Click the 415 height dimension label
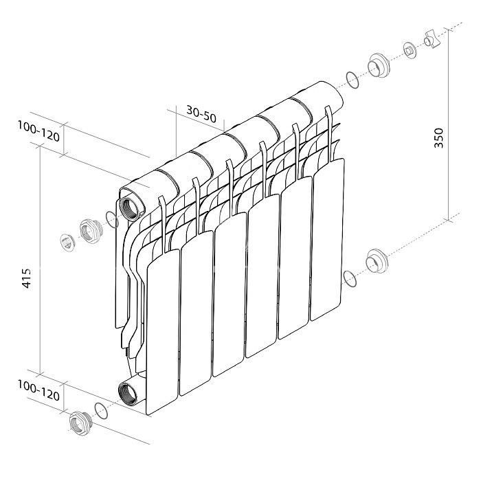(27, 278)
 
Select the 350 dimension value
(438, 138)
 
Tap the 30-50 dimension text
(201, 114)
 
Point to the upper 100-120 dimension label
(38, 131)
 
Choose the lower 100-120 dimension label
(38, 390)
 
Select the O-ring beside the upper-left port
(111, 219)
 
